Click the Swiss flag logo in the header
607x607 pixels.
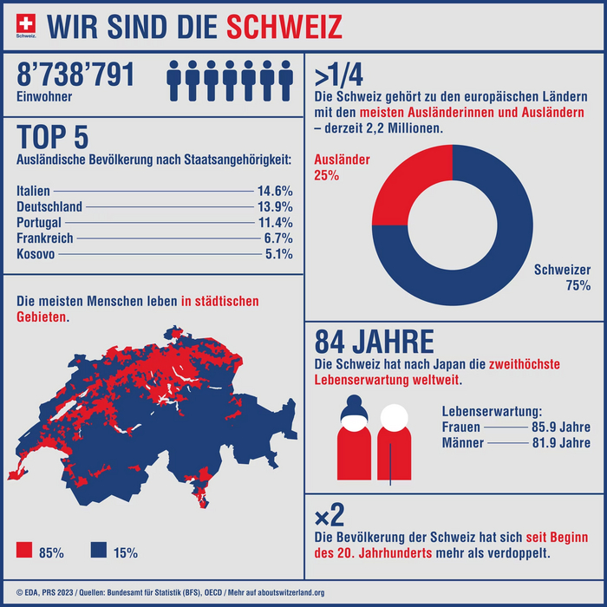pyautogui.click(x=27, y=24)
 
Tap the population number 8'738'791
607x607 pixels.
pyautogui.click(x=76, y=75)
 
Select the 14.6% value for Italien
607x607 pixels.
pyautogui.click(x=275, y=190)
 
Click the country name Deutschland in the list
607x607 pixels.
pyautogui.click(x=49, y=206)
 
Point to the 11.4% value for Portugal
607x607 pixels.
pyautogui.click(x=275, y=222)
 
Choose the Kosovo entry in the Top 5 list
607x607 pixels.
pyautogui.click(x=36, y=254)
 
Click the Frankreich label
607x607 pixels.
pyautogui.click(x=44, y=238)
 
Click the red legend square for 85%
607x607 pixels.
pyautogui.click(x=24, y=551)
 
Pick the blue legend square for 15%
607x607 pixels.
pyautogui.click(x=98, y=551)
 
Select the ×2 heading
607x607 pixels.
pyautogui.click(x=330, y=518)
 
